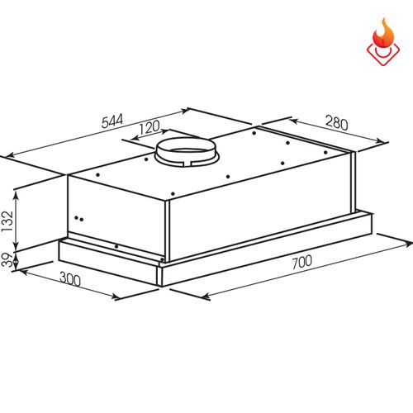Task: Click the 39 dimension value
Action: click(x=9, y=261)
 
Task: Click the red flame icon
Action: click(x=381, y=42)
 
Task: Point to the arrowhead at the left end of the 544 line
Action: click(x=9, y=155)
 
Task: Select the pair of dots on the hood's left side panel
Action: click(x=79, y=219)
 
